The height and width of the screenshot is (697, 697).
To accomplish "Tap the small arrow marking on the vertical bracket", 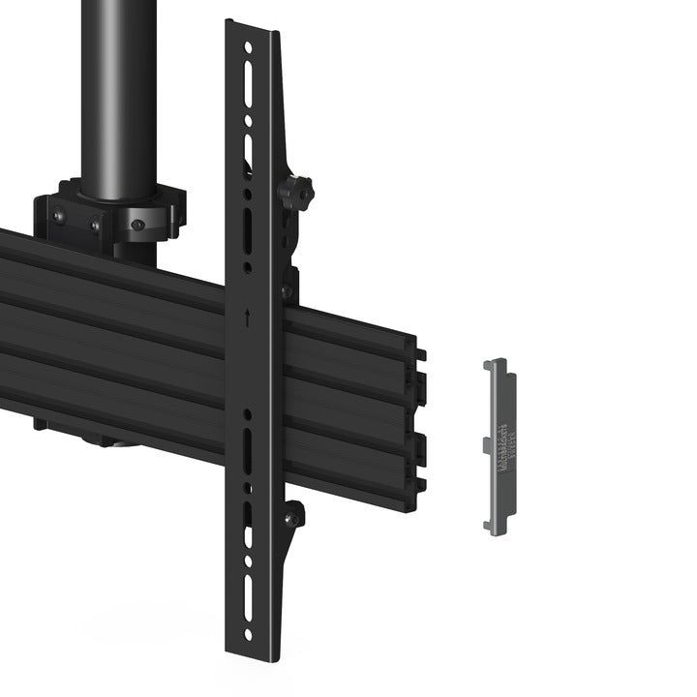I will coord(249,315).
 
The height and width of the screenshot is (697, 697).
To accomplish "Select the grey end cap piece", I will coord(499,445).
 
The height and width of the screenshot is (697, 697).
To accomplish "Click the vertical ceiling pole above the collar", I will coord(121,87).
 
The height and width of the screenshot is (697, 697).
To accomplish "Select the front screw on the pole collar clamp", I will coord(138,224).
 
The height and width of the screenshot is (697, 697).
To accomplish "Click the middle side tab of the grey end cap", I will coord(487,443).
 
